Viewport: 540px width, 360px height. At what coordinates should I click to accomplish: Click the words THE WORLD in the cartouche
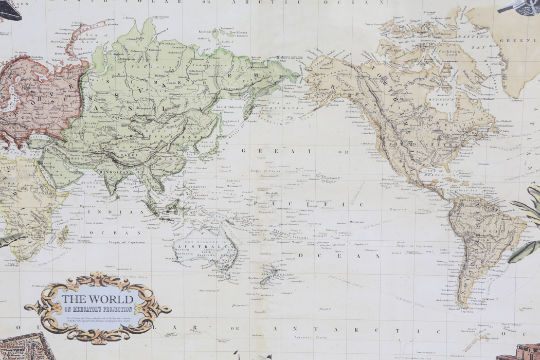tap(97, 298)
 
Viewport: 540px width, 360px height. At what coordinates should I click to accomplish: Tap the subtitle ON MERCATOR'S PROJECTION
tap(98, 310)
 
